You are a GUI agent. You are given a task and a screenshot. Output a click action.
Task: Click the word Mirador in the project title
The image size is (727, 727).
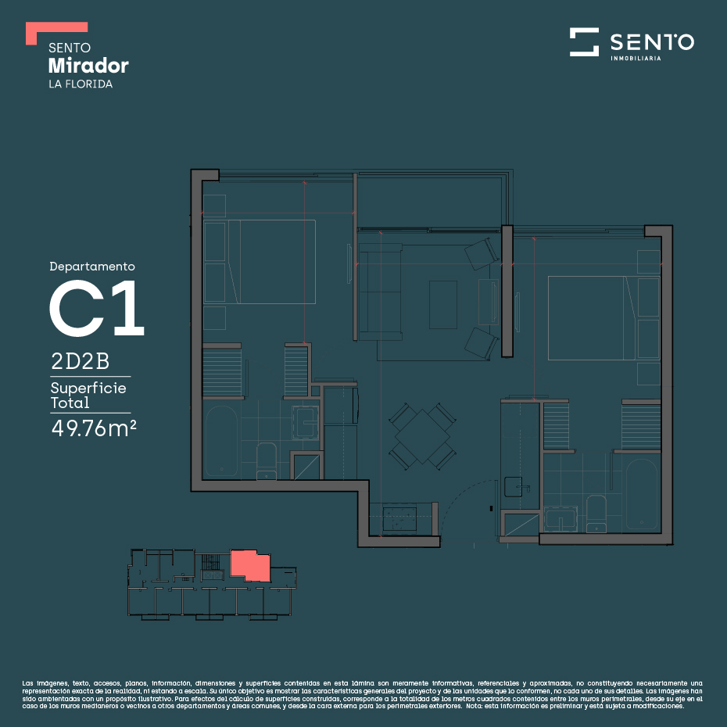88,66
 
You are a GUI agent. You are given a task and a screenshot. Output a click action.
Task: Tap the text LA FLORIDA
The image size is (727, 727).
81,84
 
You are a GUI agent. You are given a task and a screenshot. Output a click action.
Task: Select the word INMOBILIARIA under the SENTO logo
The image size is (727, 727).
636,59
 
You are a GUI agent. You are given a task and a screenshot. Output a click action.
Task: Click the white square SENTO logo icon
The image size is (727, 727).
584,41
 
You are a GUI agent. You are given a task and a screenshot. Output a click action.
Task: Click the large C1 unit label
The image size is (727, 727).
97,308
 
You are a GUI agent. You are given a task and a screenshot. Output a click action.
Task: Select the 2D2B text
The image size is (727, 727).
81,361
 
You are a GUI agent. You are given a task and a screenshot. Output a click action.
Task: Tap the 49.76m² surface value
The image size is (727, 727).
94,428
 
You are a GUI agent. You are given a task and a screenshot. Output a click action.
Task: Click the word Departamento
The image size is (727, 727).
92,267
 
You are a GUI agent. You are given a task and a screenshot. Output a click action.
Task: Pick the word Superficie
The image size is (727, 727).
88,388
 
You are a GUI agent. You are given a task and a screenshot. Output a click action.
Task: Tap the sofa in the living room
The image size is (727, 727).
380,292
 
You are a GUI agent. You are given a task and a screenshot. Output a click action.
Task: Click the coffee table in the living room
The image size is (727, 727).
443,305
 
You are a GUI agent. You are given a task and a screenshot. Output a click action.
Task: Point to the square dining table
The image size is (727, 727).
422,436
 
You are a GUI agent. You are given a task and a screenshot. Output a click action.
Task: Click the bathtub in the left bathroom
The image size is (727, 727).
221,440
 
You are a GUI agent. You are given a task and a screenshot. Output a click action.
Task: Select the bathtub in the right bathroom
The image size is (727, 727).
642,494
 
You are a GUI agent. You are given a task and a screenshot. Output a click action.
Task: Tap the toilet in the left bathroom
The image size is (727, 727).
266,461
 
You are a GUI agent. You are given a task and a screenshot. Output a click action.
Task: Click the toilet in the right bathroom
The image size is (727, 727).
596,514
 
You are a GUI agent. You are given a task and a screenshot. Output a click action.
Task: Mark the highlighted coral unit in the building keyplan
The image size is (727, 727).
250,565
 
